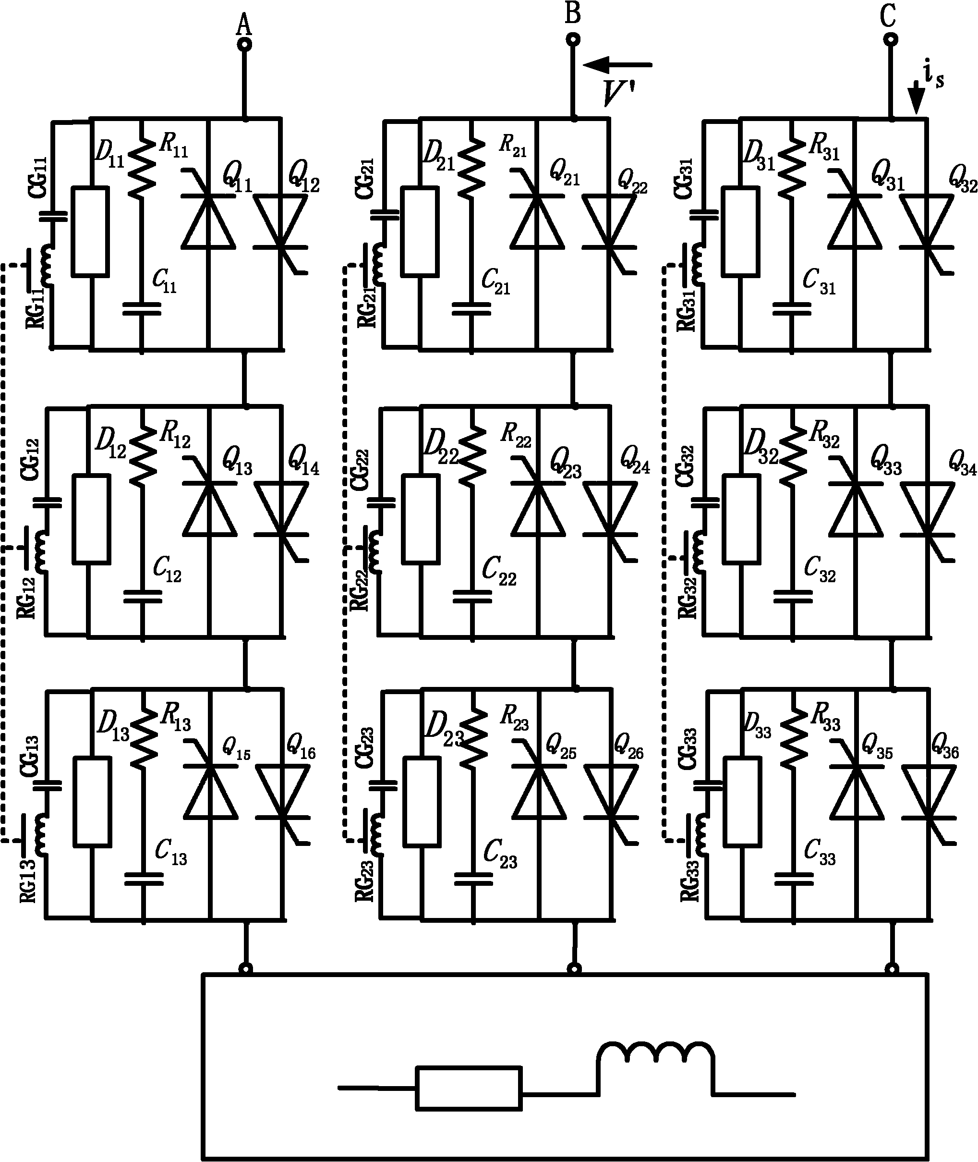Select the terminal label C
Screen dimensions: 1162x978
click(888, 17)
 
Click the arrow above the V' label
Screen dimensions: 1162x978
click(617, 65)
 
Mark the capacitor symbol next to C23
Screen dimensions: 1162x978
click(473, 879)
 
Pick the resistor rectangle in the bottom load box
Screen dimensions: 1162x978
click(469, 1088)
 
